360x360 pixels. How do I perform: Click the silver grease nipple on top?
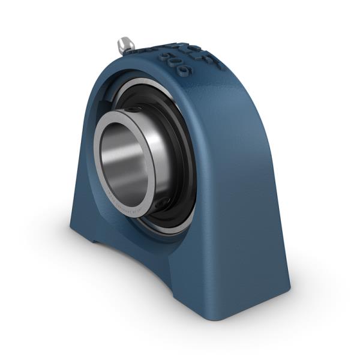[x=126, y=44]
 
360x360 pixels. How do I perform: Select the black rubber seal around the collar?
[x=180, y=150]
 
